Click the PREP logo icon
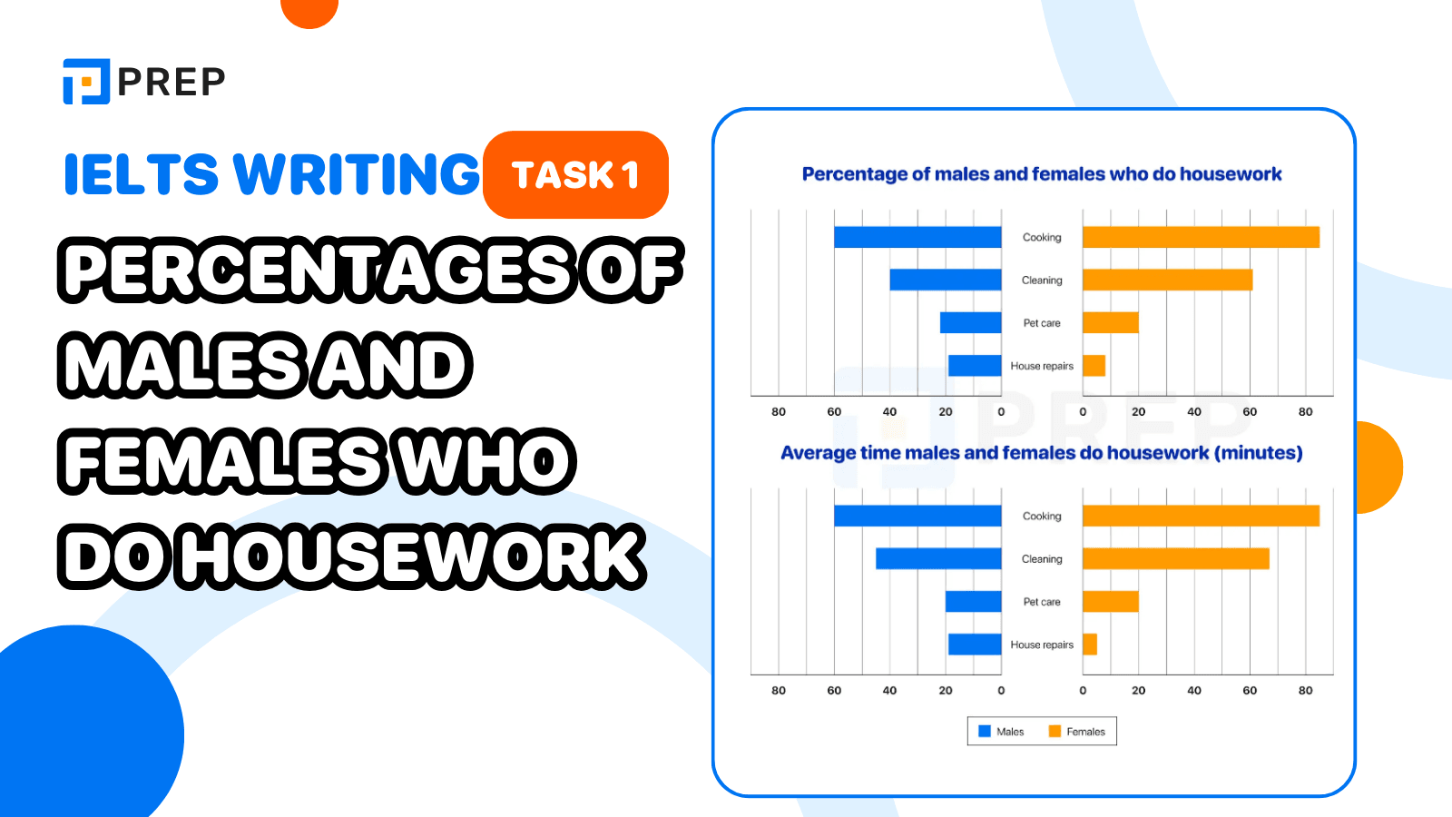coord(86,82)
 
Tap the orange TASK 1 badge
coord(575,174)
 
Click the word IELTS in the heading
coord(141,174)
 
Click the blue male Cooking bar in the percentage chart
coord(917,237)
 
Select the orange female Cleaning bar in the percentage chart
coord(1167,280)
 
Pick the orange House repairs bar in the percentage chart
coord(1094,366)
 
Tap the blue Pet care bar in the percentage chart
coord(970,322)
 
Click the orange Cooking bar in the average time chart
coord(1201,516)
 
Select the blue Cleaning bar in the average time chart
coord(938,558)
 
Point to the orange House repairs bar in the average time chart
coord(1090,645)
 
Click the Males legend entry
coord(1001,732)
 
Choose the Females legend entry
coord(1077,732)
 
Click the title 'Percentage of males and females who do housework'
coord(1042,174)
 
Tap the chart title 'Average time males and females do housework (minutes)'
coord(1042,453)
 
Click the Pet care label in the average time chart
coord(1042,602)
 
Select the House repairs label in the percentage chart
coord(1042,366)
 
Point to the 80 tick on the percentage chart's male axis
coord(779,412)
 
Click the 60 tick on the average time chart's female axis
coord(1250,691)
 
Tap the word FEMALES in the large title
coord(222,461)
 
